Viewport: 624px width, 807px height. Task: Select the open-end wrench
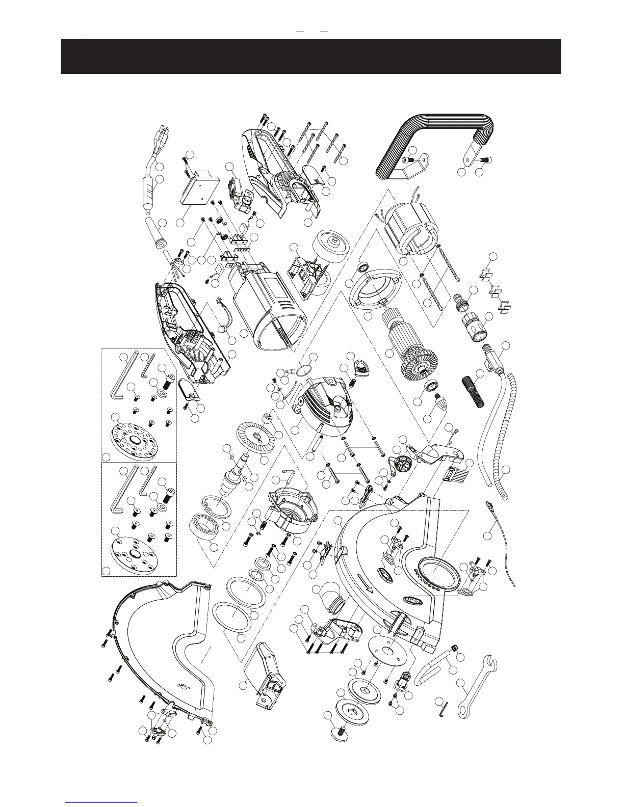pyautogui.click(x=477, y=685)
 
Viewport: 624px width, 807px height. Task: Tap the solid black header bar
pyautogui.click(x=311, y=56)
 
